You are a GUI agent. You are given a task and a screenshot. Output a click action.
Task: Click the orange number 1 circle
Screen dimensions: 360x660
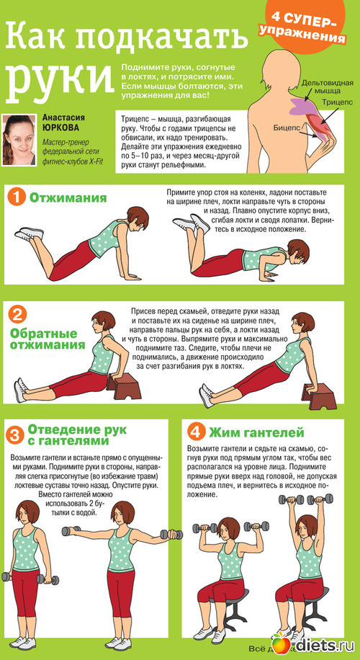tap(17, 197)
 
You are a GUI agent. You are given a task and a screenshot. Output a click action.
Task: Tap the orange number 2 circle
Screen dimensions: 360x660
tap(17, 314)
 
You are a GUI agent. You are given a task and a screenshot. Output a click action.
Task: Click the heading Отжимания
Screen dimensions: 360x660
tap(67, 198)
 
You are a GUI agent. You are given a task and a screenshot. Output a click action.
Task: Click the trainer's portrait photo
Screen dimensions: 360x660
tap(19, 140)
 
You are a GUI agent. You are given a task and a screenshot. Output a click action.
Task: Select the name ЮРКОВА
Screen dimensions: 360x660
tap(60, 128)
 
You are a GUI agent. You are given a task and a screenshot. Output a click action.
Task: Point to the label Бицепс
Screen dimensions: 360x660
tap(286, 126)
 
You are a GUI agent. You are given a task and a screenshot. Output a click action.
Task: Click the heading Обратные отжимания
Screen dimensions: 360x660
tap(47, 339)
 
